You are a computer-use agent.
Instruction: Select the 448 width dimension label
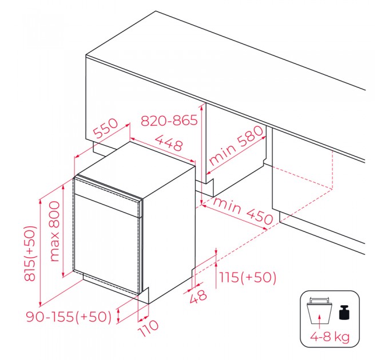click(x=169, y=143)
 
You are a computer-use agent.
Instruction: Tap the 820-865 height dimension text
click(x=169, y=121)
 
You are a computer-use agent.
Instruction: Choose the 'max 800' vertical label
click(x=54, y=231)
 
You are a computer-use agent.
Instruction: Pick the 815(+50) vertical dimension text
click(x=30, y=253)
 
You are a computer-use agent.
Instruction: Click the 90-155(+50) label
click(x=69, y=317)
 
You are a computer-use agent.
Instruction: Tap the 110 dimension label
click(x=148, y=329)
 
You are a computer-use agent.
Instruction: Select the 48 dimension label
click(x=198, y=297)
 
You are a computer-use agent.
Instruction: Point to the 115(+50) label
click(x=247, y=277)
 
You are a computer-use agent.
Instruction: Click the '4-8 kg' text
click(x=330, y=337)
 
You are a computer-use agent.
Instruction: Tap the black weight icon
click(x=344, y=313)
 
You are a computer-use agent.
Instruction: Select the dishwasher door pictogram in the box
click(x=320, y=311)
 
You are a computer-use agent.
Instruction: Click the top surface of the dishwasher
click(x=135, y=169)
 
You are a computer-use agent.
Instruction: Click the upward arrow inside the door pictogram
click(x=320, y=319)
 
